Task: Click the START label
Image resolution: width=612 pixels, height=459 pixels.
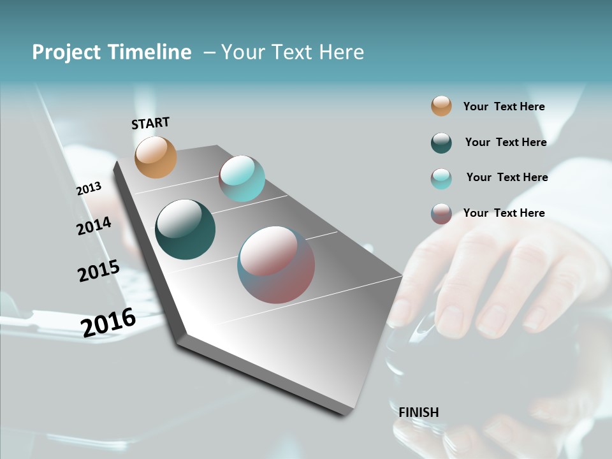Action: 150,123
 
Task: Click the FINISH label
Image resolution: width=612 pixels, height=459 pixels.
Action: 418,412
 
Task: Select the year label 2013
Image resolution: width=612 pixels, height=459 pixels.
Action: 89,189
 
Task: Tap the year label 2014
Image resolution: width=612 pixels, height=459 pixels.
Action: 94,226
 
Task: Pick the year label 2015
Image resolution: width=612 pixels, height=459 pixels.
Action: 98,271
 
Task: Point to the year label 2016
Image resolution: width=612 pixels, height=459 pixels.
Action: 108,322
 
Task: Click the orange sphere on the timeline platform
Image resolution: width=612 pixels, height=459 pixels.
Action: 156,157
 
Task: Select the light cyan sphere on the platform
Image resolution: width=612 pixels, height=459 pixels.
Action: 242,178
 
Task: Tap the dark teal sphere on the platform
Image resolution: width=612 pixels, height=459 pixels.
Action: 185,229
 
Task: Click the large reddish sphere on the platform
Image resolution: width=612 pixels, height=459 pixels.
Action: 276,265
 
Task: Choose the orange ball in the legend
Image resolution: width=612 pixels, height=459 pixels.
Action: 441,106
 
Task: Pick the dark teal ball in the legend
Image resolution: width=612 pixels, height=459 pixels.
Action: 441,143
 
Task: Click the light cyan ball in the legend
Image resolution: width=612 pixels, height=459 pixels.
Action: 441,178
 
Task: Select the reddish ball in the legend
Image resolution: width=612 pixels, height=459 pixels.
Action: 441,214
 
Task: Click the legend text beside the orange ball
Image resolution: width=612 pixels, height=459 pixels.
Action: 504,107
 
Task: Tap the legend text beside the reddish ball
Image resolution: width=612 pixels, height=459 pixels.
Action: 504,213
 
